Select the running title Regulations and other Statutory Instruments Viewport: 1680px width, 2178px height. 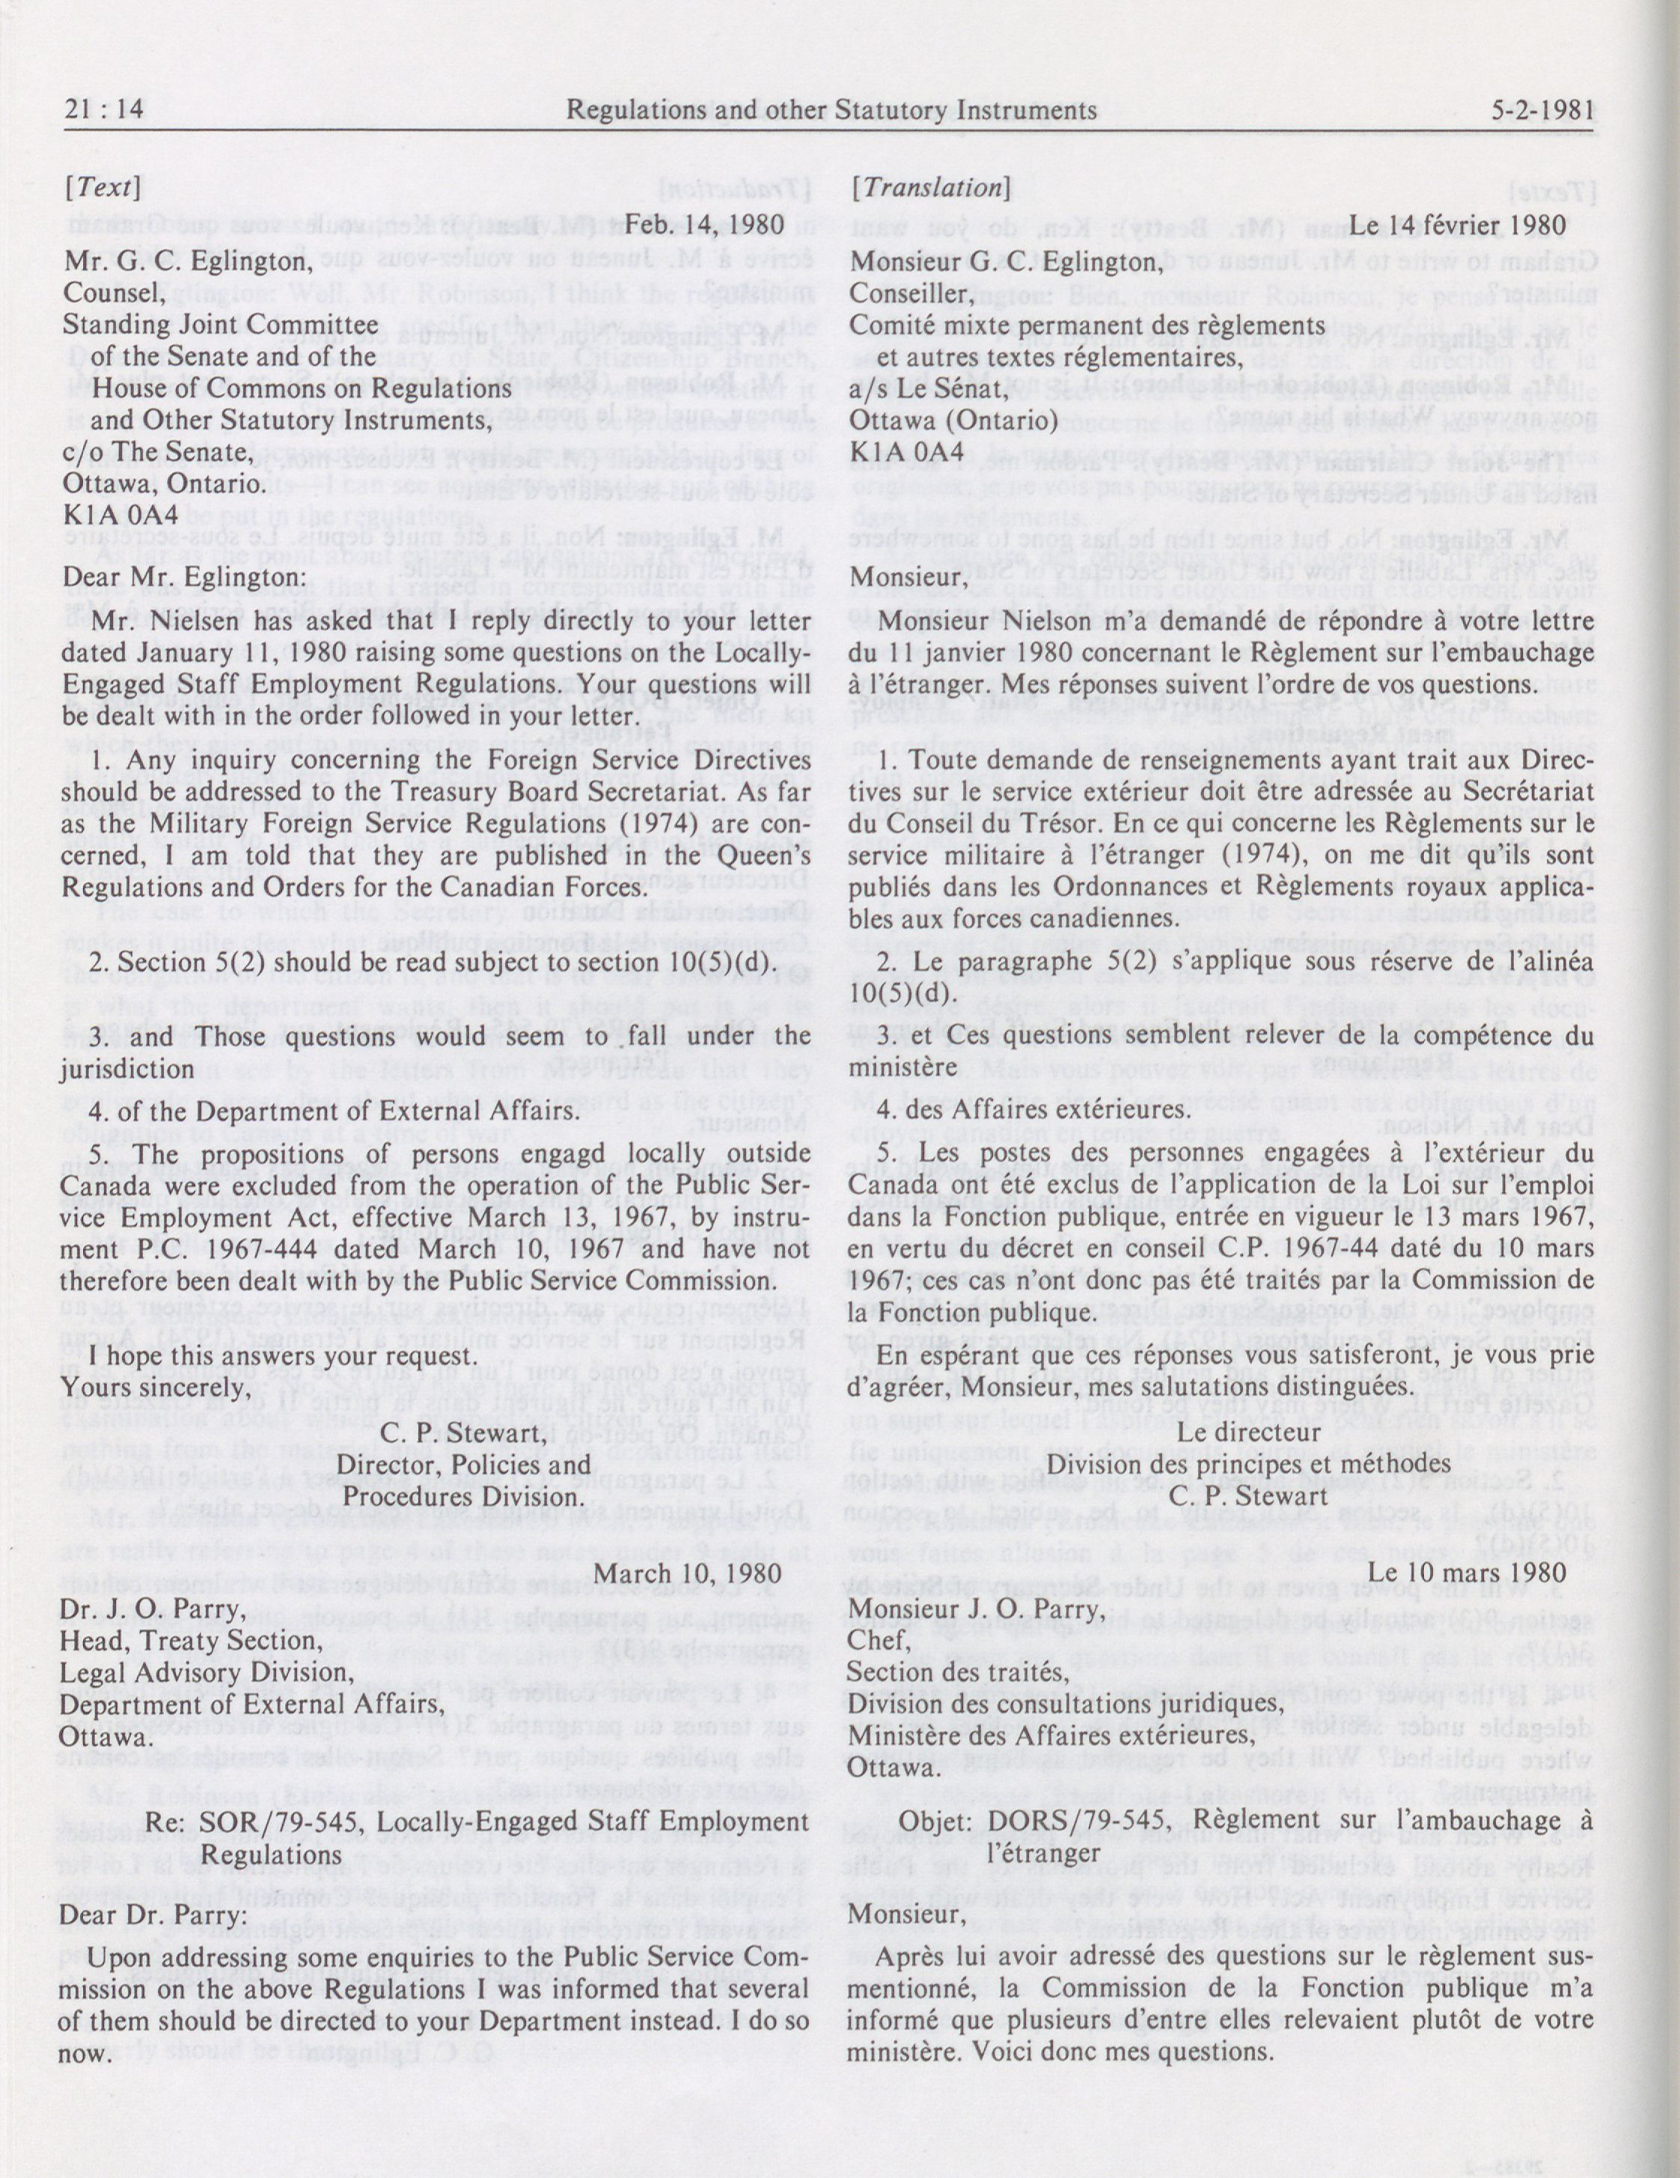pyautogui.click(x=831, y=111)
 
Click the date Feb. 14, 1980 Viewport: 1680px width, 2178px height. pyautogui.click(x=705, y=225)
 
